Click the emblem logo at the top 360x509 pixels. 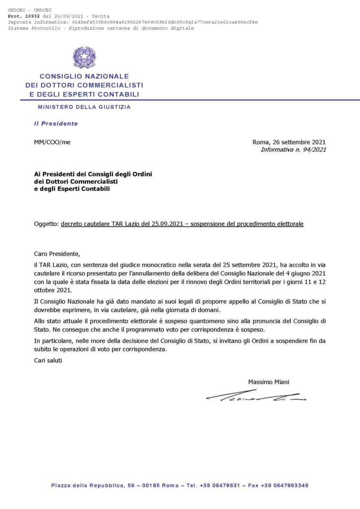[85, 58]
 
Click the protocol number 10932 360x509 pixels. [31, 16]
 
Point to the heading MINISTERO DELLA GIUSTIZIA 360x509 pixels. [85, 107]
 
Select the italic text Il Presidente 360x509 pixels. [56, 123]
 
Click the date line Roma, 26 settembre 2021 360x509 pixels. [289, 142]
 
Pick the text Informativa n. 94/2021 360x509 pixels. [293, 149]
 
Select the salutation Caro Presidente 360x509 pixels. [57, 254]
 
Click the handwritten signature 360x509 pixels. [256, 396]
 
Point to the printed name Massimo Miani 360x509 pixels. [269, 382]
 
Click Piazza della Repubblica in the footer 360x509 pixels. [87, 485]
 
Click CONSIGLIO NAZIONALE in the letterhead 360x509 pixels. [84, 77]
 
